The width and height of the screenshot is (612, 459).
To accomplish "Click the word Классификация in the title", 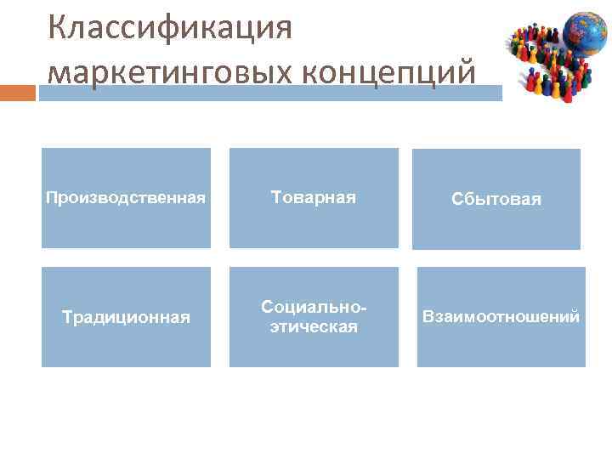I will [x=170, y=28].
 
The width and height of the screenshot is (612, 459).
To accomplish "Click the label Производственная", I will [x=126, y=198].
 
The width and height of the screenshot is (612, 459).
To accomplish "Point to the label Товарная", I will [x=314, y=197].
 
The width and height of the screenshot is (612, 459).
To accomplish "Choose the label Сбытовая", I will [x=496, y=199].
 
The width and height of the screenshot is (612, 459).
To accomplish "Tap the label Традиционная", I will [x=126, y=317].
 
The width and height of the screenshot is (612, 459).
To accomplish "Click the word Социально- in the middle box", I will [x=314, y=306].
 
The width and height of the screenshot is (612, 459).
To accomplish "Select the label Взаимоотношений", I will [x=501, y=317].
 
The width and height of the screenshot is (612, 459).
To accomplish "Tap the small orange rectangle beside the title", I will [x=18, y=92].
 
